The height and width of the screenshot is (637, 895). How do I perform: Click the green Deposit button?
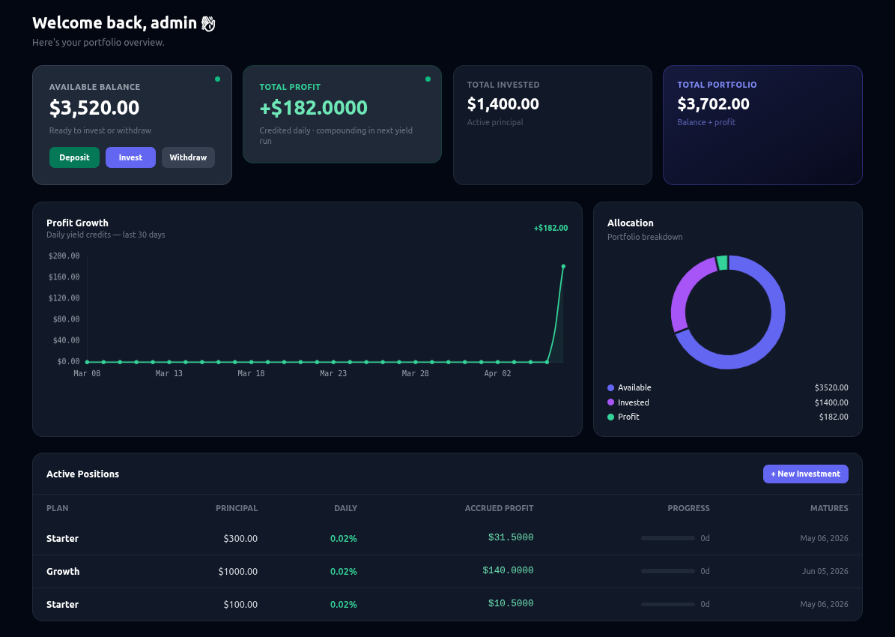point(74,157)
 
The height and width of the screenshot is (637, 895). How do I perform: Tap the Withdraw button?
point(188,157)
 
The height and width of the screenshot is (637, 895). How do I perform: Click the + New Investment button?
point(805,474)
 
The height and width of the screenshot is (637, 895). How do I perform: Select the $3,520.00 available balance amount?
point(94,108)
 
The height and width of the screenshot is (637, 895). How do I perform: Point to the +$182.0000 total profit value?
point(313,108)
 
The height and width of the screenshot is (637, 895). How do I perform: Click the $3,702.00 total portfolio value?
point(713,104)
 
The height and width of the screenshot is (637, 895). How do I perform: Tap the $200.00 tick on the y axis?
point(64,256)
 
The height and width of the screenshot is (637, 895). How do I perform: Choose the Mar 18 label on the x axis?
point(251,373)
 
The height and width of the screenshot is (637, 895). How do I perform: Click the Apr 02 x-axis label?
point(497,373)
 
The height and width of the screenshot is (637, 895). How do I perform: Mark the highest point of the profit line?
point(563,266)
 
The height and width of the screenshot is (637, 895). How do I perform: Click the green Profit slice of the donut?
point(722,262)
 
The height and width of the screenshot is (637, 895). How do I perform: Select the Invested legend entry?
point(633,402)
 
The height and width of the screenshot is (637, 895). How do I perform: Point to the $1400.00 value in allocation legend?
point(831,402)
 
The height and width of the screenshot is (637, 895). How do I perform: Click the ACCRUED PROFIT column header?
point(499,508)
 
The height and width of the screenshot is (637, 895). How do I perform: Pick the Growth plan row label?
point(63,571)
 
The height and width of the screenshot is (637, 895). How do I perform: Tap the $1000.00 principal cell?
point(237,571)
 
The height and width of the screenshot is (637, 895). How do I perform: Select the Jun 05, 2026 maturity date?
point(825,571)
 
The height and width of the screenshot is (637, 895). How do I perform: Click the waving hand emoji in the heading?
point(208,24)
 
